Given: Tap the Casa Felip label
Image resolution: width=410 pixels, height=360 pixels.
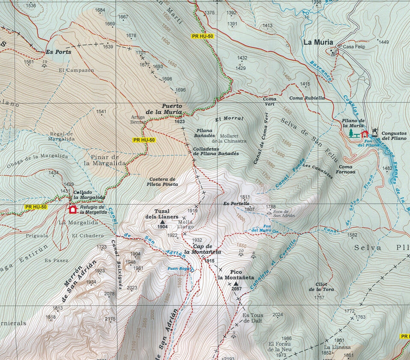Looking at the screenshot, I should click(354, 47).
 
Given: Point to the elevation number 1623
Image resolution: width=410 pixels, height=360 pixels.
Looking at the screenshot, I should click(180, 121).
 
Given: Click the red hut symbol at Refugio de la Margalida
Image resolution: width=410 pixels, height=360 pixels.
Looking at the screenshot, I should click(72, 209).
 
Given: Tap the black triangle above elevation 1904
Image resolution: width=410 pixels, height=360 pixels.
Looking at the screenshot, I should click(162, 221).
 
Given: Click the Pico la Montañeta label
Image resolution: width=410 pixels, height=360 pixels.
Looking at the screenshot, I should click(236, 275).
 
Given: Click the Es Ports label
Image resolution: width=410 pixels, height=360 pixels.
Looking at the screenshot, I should click(60, 51).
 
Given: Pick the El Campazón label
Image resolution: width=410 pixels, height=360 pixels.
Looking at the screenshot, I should click(76, 70).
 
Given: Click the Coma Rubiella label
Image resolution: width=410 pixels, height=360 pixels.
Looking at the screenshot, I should click(307, 98).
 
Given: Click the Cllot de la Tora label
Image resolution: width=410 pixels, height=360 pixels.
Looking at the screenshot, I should click(320, 287).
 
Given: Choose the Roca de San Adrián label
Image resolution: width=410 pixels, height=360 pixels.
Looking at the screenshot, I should click(282, 212).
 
